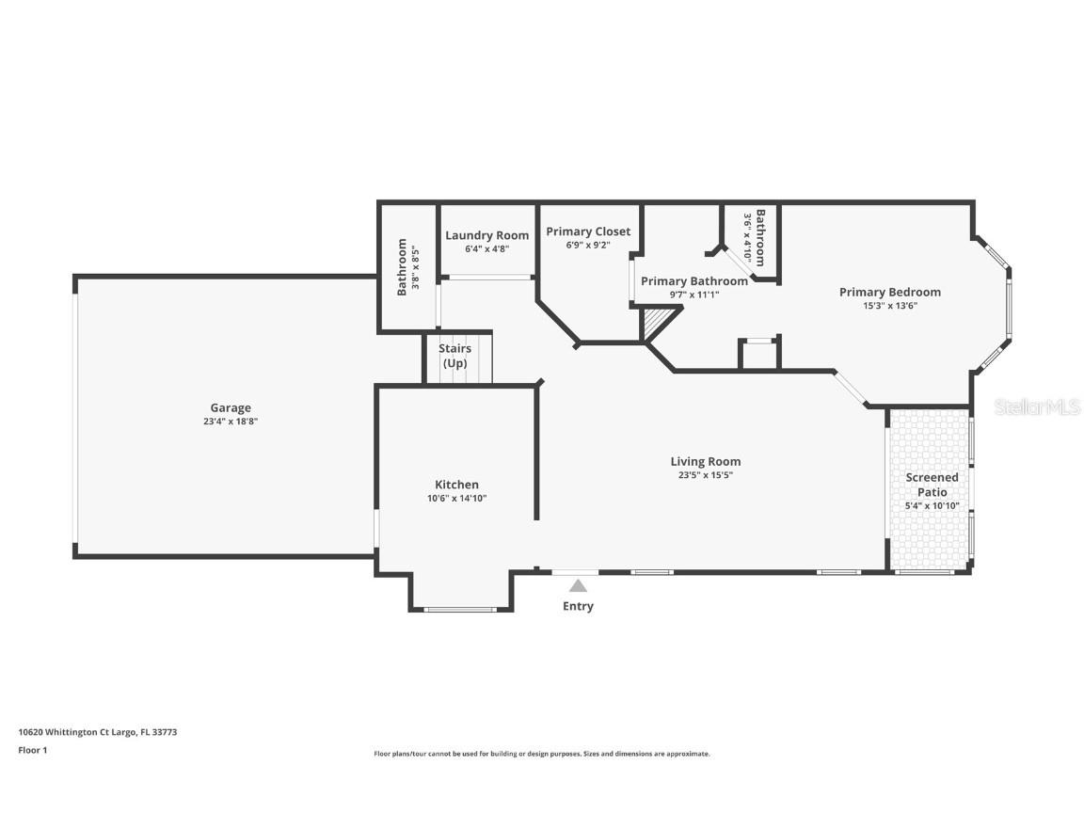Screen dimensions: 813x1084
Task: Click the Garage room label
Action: (x=231, y=407)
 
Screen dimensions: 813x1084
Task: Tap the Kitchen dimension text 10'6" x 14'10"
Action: (x=455, y=498)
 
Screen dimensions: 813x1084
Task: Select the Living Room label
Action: (x=705, y=461)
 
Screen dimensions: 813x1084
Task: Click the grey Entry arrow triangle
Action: (x=578, y=585)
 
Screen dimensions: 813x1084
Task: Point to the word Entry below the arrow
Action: (x=578, y=606)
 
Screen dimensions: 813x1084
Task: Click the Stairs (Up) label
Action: (x=454, y=356)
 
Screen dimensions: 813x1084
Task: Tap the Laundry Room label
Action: (x=486, y=235)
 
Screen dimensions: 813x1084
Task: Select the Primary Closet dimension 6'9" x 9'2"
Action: (x=588, y=245)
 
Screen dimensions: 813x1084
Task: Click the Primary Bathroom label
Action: (x=694, y=280)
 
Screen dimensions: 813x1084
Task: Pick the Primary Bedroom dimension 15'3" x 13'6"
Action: (x=889, y=305)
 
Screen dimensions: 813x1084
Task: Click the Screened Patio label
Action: (x=932, y=484)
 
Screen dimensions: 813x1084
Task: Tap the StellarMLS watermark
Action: (x=1037, y=407)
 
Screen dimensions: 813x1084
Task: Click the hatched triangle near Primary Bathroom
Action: (x=656, y=326)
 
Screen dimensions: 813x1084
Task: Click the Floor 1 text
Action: (x=32, y=750)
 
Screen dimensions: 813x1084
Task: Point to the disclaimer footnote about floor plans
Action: (x=541, y=754)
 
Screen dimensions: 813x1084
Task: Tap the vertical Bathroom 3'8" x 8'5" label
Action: (x=407, y=266)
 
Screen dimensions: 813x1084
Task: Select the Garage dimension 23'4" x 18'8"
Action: (x=231, y=422)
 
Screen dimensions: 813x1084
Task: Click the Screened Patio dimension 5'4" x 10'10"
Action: (x=932, y=505)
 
